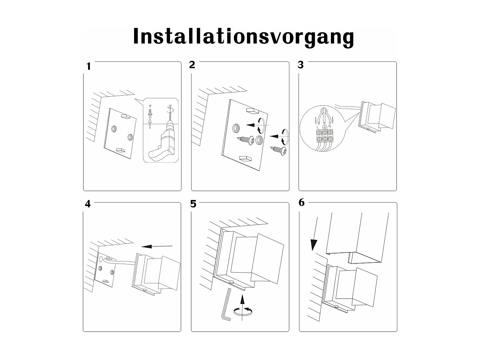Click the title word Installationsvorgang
tap(243, 37)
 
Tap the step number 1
tap(89, 67)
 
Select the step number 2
tap(192, 65)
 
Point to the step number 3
tap(300, 65)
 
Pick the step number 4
tap(88, 204)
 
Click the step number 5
tap(193, 204)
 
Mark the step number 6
tap(301, 203)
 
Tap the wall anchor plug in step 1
tap(150, 113)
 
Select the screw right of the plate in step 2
tap(279, 151)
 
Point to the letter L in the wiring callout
tap(317, 127)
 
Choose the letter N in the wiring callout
tap(330, 126)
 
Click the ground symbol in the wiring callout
tap(324, 127)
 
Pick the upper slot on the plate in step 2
tap(252, 111)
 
